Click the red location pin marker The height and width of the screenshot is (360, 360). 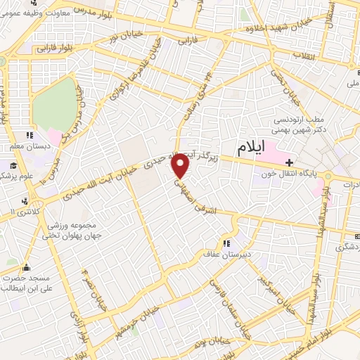(x=181, y=166)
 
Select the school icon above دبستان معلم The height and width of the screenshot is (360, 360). (x=28, y=135)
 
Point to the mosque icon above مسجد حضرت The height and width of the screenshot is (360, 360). (x=26, y=267)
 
